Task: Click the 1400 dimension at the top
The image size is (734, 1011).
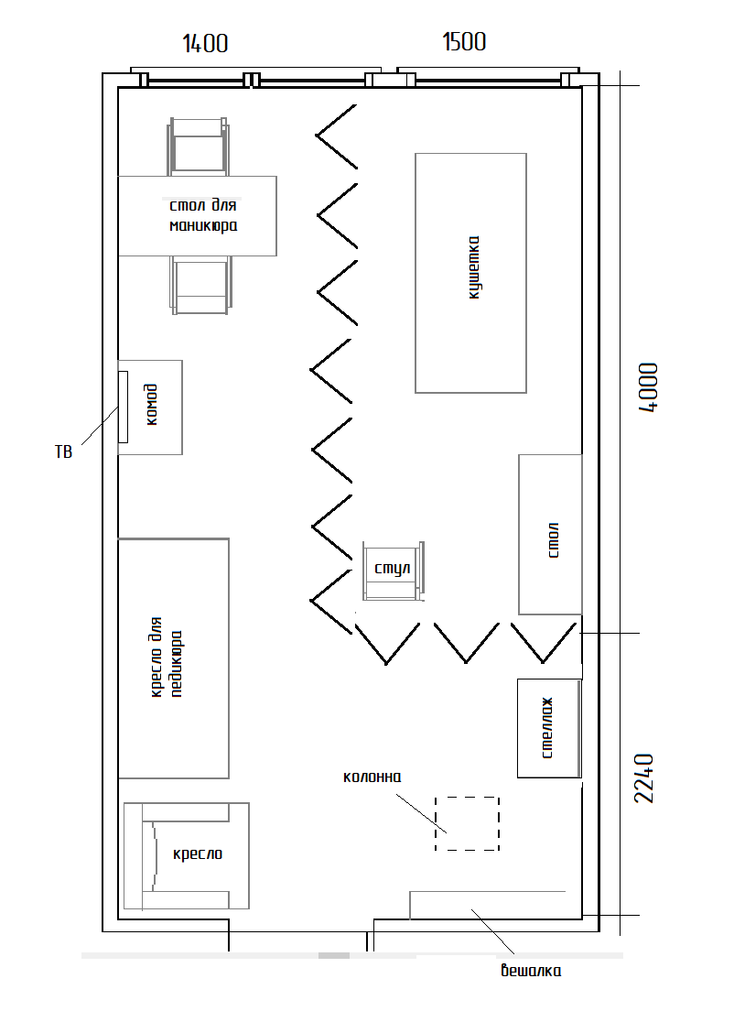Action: click(206, 44)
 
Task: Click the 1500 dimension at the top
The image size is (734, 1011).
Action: click(464, 42)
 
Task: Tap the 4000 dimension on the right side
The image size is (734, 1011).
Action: click(648, 387)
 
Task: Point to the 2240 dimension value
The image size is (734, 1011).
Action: click(644, 778)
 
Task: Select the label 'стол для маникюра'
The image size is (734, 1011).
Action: click(203, 215)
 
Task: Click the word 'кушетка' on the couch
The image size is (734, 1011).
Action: click(474, 267)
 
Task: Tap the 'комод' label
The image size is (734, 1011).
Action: click(151, 405)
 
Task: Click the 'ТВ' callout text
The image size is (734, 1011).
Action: click(64, 452)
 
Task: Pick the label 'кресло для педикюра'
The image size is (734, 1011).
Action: click(166, 657)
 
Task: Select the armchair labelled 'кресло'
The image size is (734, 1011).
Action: click(186, 855)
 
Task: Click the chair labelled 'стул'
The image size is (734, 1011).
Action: click(394, 571)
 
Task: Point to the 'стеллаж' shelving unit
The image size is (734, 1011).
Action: click(550, 728)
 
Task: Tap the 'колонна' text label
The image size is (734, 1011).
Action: click(372, 777)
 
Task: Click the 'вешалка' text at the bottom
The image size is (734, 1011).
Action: click(531, 970)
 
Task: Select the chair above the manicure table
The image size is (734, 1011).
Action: click(198, 147)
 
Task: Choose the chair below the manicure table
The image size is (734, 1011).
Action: click(200, 285)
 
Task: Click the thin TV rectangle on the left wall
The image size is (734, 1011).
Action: click(123, 407)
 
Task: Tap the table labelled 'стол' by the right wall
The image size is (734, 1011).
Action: click(550, 535)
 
